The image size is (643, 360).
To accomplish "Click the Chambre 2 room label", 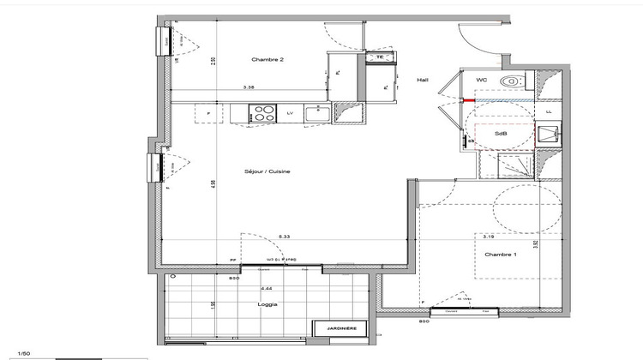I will point(267,60).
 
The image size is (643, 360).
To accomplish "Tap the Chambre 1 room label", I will point(502,255).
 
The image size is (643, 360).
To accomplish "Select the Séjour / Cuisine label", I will point(267,171).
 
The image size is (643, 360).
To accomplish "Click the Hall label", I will point(423,80).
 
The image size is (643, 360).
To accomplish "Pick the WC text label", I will point(482,80).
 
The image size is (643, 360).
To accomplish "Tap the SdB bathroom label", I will point(499,135).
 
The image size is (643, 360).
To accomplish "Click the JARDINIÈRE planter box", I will point(341,328).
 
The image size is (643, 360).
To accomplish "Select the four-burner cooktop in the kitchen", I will point(263,111).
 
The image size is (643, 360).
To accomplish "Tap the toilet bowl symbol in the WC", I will point(512,81).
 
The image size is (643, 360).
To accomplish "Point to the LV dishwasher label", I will point(290,112).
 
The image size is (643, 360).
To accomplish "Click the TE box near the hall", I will point(378,57).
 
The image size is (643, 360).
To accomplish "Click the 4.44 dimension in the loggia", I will point(267,289).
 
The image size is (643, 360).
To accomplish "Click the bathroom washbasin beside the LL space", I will point(546,135).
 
